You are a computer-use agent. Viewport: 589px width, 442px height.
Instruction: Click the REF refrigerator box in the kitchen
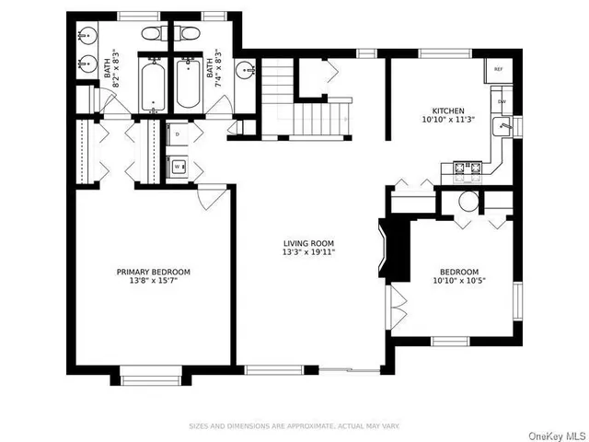click(x=498, y=70)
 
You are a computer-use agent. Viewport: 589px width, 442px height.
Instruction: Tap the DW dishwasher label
click(x=502, y=101)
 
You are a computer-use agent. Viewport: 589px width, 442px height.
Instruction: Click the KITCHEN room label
click(x=443, y=110)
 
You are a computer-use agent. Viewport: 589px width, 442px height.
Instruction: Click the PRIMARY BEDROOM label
click(x=153, y=272)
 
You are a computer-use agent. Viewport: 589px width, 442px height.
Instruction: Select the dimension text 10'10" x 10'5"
click(x=458, y=281)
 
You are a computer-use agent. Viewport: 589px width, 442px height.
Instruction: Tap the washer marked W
click(x=177, y=167)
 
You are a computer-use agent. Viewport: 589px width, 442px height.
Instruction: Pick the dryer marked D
click(x=177, y=134)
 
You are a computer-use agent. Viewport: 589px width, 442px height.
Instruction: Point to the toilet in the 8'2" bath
click(x=153, y=34)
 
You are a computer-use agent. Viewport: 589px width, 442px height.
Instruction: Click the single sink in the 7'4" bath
click(x=246, y=70)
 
